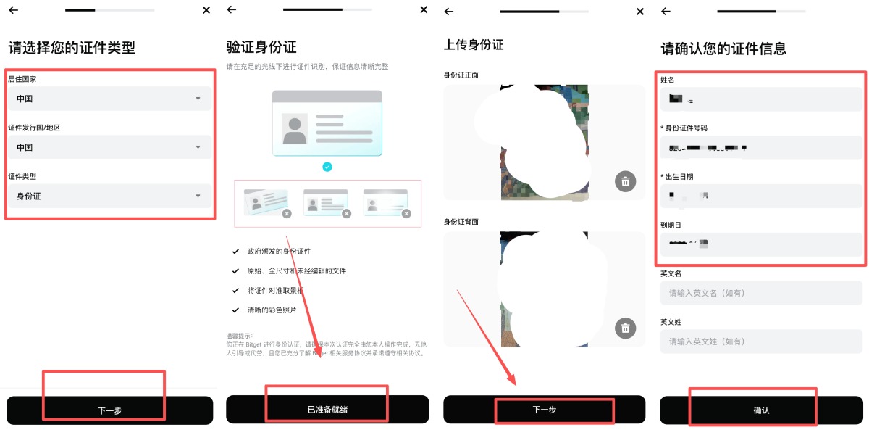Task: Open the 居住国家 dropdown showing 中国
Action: (x=109, y=99)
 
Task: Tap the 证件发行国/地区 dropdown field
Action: (x=109, y=147)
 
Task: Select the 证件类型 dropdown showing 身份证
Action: (x=109, y=196)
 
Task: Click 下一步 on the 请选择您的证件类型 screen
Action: (x=109, y=410)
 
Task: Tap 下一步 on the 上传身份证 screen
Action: (x=544, y=410)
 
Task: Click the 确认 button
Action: (x=761, y=410)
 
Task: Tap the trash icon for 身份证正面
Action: (x=625, y=181)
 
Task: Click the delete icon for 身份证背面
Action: (x=625, y=328)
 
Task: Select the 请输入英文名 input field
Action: (x=761, y=293)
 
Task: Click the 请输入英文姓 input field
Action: (x=761, y=341)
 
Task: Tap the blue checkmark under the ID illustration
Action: (x=327, y=167)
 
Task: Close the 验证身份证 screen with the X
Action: (x=424, y=10)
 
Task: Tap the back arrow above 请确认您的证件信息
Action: (x=666, y=11)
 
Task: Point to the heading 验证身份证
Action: (x=261, y=48)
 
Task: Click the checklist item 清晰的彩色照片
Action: (x=272, y=310)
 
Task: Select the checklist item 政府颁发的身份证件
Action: (x=279, y=252)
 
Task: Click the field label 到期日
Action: (x=671, y=225)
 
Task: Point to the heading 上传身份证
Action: (x=474, y=45)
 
